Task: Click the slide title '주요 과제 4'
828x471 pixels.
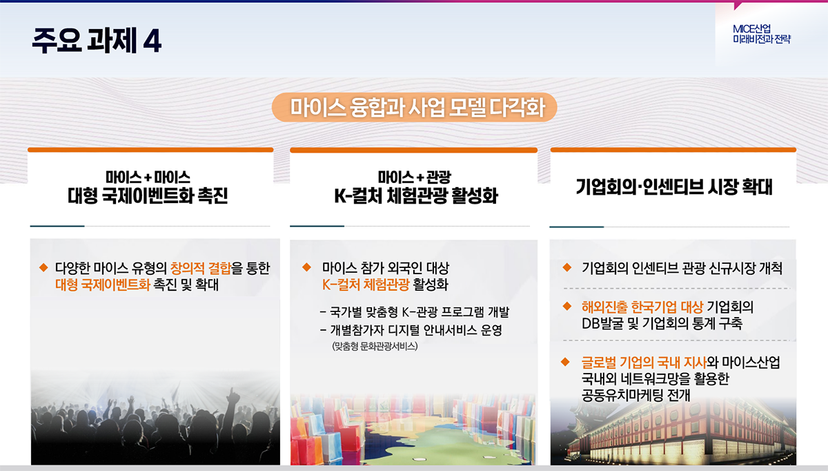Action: (97, 40)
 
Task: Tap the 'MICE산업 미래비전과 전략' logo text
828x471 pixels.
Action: (762, 34)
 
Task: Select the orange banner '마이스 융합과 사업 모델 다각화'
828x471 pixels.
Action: (415, 107)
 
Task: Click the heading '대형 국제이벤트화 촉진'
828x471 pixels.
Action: (148, 195)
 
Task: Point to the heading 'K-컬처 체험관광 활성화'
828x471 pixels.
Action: (416, 195)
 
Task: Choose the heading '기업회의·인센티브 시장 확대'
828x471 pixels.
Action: (674, 186)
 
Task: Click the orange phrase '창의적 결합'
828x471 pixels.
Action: (201, 268)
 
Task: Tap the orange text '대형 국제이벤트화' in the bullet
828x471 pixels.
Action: (102, 285)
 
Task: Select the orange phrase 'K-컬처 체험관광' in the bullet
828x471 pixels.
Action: (366, 285)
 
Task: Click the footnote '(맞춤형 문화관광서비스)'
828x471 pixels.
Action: (375, 346)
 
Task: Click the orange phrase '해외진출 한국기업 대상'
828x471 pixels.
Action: (642, 307)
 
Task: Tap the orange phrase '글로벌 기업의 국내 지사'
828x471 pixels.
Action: (644, 362)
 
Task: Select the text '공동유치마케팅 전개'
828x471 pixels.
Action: (635, 395)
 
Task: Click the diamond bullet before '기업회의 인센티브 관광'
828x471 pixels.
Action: (566, 267)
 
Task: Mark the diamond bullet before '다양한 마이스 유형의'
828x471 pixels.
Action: (43, 267)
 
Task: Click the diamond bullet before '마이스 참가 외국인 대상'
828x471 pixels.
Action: (306, 267)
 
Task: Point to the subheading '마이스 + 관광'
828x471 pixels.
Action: (415, 177)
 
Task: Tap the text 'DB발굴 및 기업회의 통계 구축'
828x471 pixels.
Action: (662, 323)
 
